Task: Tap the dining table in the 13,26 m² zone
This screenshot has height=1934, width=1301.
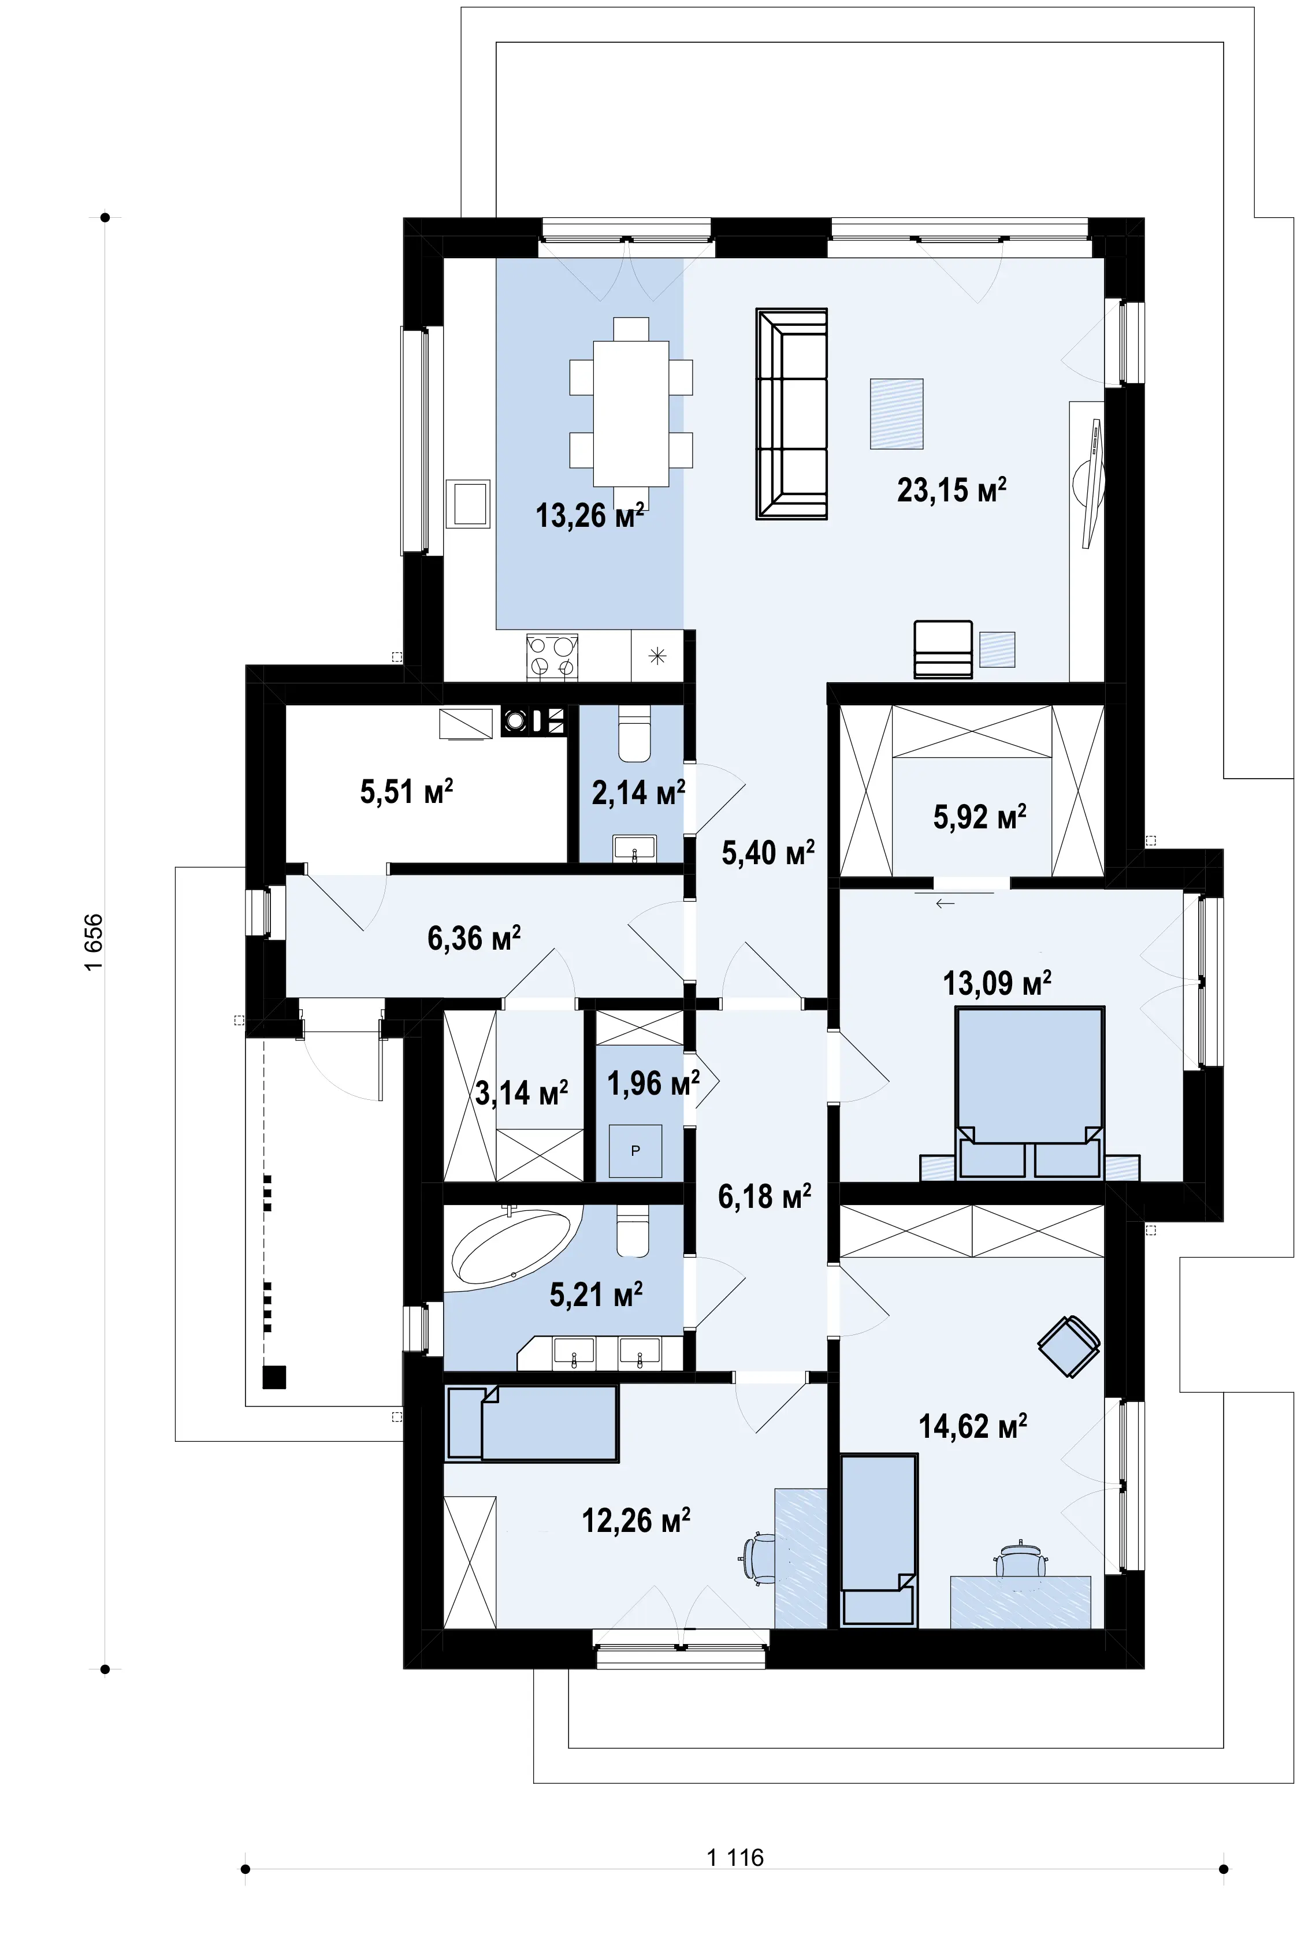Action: point(631,413)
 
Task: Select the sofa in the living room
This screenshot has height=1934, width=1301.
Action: point(791,414)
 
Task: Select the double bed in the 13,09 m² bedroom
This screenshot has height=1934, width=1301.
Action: point(1029,1092)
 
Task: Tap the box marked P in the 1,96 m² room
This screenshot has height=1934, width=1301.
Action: point(635,1151)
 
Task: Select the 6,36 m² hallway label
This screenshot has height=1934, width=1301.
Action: point(474,938)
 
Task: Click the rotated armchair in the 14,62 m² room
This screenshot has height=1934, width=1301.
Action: point(1069,1346)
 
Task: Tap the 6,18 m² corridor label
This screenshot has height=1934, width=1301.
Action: point(764,1196)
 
